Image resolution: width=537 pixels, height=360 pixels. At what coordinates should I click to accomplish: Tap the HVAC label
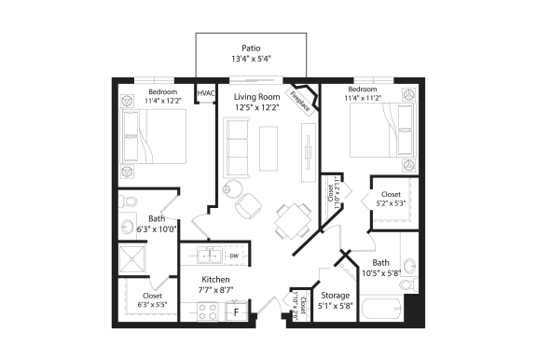204,92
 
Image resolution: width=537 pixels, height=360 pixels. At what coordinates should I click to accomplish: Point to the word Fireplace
300,97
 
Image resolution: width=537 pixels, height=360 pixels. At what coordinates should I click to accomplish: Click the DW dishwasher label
235,255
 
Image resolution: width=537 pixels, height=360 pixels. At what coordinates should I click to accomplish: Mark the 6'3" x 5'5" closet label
152,303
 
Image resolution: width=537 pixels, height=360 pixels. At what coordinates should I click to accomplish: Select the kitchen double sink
208,255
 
